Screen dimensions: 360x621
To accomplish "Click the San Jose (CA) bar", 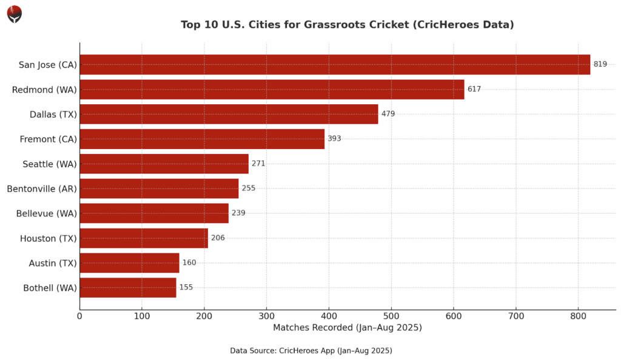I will [x=335, y=65].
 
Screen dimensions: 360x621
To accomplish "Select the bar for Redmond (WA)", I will [x=272, y=90].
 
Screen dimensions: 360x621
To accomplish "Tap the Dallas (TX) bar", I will [x=229, y=114].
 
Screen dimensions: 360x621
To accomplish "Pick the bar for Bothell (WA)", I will [x=128, y=287].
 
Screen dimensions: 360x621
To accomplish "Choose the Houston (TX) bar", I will [x=144, y=238].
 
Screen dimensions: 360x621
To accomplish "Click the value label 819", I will [x=600, y=64].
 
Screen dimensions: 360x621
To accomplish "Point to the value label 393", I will [x=334, y=139].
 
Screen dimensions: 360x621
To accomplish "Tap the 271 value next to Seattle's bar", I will [x=258, y=164].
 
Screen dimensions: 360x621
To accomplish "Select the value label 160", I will [x=189, y=262].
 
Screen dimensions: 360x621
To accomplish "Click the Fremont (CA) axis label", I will [x=49, y=139].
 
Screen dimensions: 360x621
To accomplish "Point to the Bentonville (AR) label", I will [x=42, y=188].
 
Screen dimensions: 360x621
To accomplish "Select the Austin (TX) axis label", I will [x=53, y=263].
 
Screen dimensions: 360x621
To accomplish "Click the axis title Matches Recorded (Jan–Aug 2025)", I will [x=347, y=328].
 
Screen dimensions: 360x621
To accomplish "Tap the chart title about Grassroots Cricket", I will [x=347, y=25].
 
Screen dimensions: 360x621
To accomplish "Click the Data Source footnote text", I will [x=310, y=351].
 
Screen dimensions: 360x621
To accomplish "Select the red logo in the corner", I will [x=15, y=14].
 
